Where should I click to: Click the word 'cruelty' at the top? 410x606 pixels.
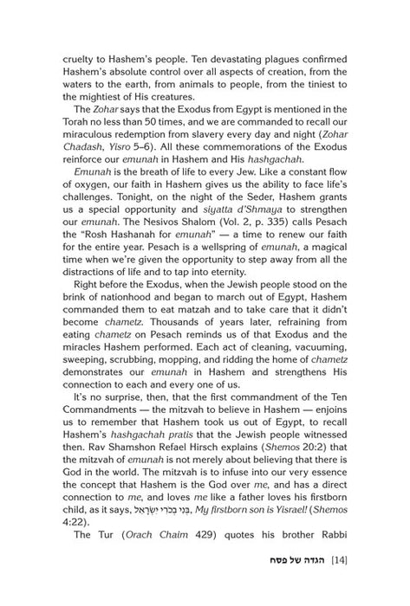81,56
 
